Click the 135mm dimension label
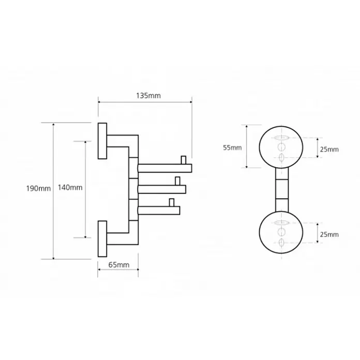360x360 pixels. (148, 96)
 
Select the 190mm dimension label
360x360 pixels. (38, 188)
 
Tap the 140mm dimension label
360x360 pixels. (70, 188)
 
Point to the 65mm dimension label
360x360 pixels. (118, 265)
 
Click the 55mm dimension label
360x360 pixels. (232, 147)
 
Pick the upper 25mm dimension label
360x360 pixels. (329, 149)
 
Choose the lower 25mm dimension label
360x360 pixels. (329, 234)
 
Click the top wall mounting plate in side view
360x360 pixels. (102, 141)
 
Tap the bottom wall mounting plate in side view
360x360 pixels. (102, 239)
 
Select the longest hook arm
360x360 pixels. (165, 168)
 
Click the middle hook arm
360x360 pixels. (162, 189)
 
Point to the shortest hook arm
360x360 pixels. (159, 211)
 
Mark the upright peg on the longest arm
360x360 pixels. (184, 160)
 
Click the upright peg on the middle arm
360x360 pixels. (177, 181)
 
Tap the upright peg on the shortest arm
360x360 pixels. (172, 202)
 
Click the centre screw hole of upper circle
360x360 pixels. (281, 147)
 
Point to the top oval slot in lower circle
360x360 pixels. (281, 222)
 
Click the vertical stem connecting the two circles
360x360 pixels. (281, 190)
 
